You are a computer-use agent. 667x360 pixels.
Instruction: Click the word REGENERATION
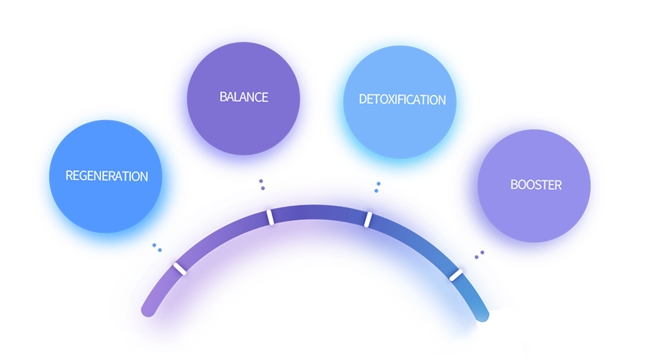point(107,177)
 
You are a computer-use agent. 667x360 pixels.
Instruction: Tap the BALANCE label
point(244,97)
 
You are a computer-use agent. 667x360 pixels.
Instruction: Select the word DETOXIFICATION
point(402,100)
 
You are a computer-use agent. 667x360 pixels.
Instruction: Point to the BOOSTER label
point(536,185)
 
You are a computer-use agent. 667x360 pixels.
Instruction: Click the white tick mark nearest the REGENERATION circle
point(179,269)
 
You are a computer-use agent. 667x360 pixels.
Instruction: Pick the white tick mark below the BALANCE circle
point(270,217)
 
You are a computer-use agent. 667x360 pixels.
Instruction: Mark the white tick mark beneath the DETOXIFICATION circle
point(367,219)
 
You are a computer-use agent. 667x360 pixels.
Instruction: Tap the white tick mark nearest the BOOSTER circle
point(456,275)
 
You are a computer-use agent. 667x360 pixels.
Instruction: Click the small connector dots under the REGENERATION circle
point(157,248)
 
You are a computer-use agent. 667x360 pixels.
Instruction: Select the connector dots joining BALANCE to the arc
point(263,185)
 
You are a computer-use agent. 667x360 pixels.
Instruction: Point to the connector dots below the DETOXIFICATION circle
point(377,187)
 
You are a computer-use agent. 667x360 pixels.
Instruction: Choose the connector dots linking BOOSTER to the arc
point(478,255)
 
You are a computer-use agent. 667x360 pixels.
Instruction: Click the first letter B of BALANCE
point(223,97)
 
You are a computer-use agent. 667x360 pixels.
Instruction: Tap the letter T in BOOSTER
point(549,185)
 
